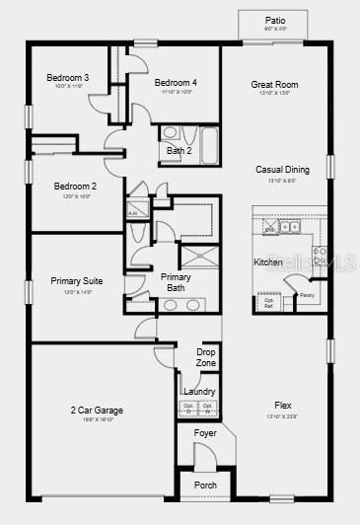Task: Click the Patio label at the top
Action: [x=275, y=20]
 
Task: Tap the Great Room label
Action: [x=274, y=85]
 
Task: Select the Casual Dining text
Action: [x=283, y=170]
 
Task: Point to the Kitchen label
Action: [x=268, y=262]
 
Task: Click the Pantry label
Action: [x=307, y=295]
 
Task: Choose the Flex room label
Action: [x=283, y=406]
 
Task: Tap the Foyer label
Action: [x=205, y=433]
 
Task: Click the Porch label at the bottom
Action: [x=205, y=486]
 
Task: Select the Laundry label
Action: [x=199, y=392]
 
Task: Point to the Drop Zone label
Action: [x=206, y=357]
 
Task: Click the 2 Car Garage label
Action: [x=97, y=410]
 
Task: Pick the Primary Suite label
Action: [x=77, y=281]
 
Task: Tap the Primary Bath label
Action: [x=177, y=282]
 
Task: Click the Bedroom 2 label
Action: [x=75, y=187]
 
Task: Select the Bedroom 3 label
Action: [x=68, y=78]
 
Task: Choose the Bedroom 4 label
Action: [x=176, y=82]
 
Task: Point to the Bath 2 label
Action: [x=179, y=151]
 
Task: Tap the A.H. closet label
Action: [x=132, y=211]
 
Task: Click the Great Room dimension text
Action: [x=274, y=95]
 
